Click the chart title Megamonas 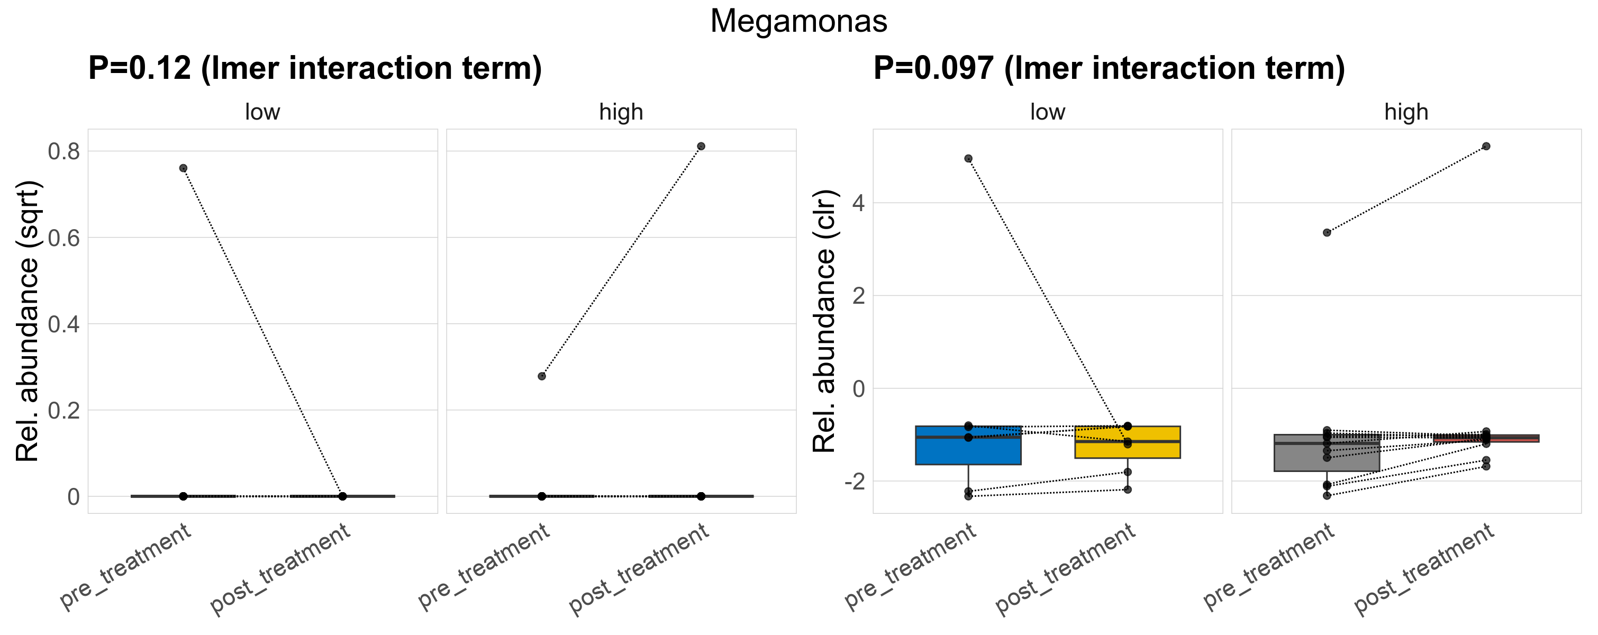click(798, 21)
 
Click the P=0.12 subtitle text click(314, 68)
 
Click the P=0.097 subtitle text click(1109, 68)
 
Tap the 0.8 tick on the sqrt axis click(64, 151)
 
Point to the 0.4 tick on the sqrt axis click(64, 324)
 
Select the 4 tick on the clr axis click(858, 203)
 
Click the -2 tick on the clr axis click(854, 481)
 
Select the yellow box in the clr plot click(1127, 450)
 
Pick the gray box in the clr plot click(1327, 459)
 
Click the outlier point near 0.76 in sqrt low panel click(183, 168)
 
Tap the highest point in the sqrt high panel click(701, 147)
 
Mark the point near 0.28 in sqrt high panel click(541, 376)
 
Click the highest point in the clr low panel click(968, 159)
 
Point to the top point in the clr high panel click(1486, 147)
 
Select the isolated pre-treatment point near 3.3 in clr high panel click(1327, 232)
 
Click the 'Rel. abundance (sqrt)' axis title click(28, 321)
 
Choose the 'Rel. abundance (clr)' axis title click(824, 321)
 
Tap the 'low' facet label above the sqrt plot click(262, 112)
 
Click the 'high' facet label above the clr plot click(1406, 112)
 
